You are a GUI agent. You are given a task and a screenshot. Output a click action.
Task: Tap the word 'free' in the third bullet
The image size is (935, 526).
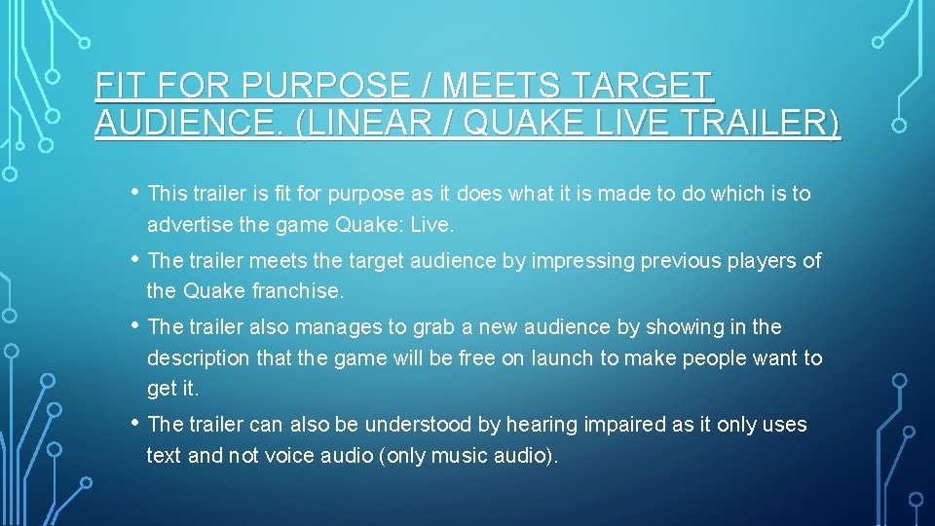coord(470,358)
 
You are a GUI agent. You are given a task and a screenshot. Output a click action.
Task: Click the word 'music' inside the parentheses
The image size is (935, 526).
coord(471,456)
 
